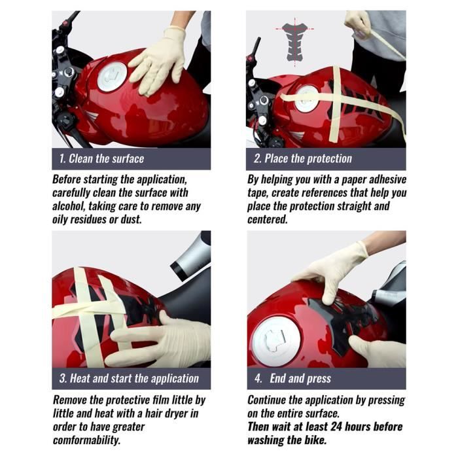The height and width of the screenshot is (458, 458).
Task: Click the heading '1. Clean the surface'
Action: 101,158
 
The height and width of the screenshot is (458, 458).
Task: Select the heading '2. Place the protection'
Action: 302,158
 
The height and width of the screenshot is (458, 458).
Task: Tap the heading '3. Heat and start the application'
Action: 128,378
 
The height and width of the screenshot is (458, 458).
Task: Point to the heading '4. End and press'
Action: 292,378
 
